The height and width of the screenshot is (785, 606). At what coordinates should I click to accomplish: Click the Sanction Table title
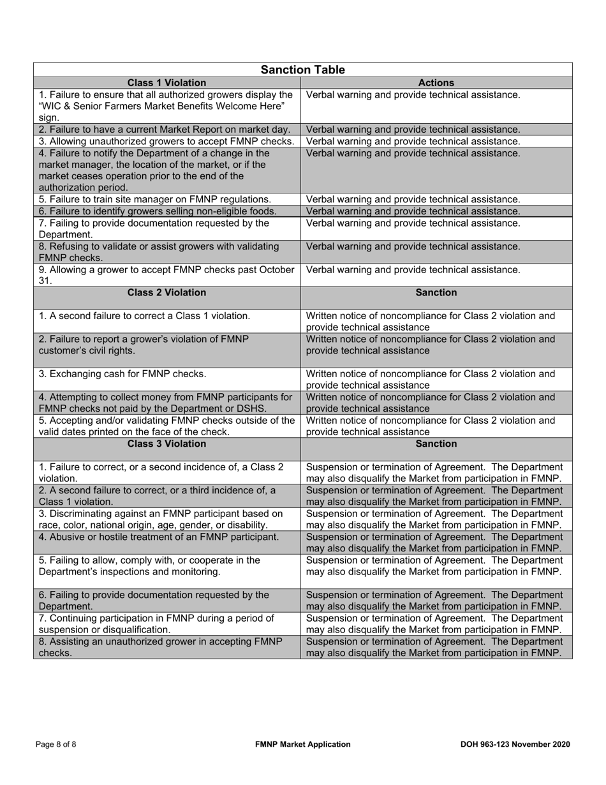tap(303, 70)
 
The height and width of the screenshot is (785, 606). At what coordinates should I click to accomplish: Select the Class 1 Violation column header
tap(166, 83)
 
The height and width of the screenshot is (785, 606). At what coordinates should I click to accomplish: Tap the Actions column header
tap(436, 83)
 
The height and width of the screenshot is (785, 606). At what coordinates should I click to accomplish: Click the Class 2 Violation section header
tap(166, 293)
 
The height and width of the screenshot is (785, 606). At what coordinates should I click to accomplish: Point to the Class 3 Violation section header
tap(166, 444)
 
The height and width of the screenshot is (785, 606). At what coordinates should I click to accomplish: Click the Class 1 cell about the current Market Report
tap(166, 130)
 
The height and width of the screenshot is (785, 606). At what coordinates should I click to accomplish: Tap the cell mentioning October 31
tap(166, 275)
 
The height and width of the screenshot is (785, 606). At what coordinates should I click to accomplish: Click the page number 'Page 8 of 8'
tap(56, 744)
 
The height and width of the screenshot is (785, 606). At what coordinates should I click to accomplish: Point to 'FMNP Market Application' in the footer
tap(302, 744)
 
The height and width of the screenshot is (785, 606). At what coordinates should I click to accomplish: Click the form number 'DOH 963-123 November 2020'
tap(515, 744)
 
